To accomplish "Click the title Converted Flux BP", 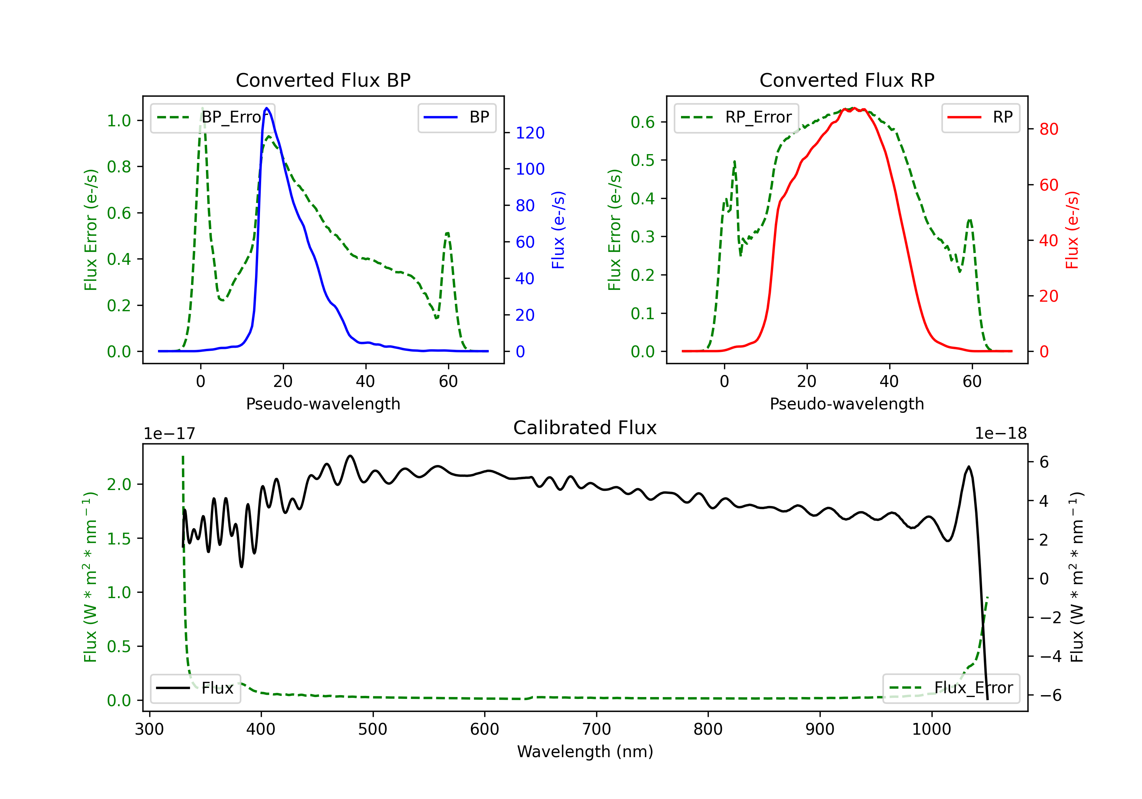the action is [x=323, y=80].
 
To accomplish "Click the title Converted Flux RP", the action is [x=847, y=80].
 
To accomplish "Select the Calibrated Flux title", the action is [x=585, y=428].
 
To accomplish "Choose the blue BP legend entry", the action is [x=456, y=117].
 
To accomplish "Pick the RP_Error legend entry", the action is [x=736, y=117].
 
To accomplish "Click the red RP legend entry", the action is [x=980, y=117].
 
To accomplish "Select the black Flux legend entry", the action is [x=195, y=688].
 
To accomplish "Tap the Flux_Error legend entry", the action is [x=951, y=688].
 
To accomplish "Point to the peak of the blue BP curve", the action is [x=266, y=108].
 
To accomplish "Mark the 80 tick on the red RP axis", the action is [x=1048, y=129].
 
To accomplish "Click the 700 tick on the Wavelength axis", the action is [x=597, y=729].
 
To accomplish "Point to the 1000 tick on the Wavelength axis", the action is [x=931, y=729].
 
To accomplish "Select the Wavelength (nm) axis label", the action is [x=585, y=752].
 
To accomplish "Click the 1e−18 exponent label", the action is [x=1001, y=434].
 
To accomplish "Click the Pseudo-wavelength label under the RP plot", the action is [x=847, y=404].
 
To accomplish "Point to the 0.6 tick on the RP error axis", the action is [x=643, y=122].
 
